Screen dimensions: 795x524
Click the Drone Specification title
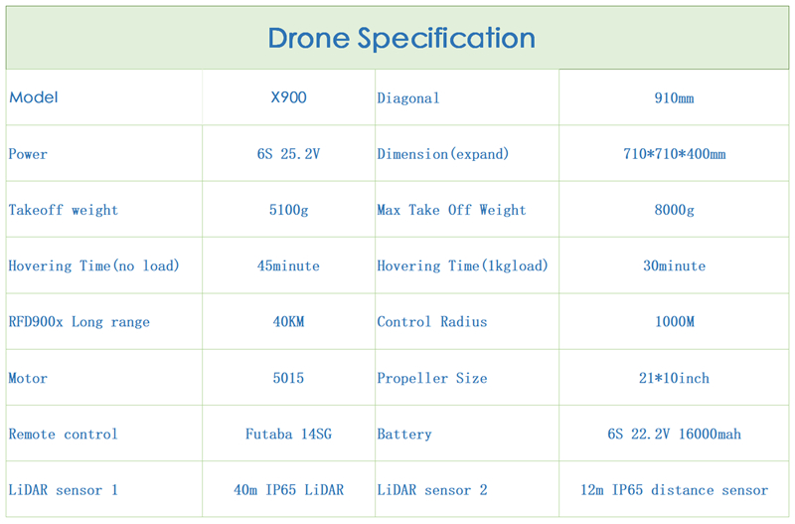pyautogui.click(x=401, y=39)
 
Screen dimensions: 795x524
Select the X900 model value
pyautogui.click(x=288, y=97)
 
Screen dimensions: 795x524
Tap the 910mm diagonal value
pyautogui.click(x=674, y=97)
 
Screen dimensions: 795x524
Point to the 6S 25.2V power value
pyautogui.click(x=288, y=154)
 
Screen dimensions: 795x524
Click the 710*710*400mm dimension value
pyautogui.click(x=675, y=154)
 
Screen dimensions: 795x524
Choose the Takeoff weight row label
pyautogui.click(x=64, y=210)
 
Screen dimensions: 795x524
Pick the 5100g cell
pyautogui.click(x=288, y=210)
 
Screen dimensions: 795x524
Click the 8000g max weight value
pyautogui.click(x=674, y=210)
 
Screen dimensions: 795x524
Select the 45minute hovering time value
pyautogui.click(x=288, y=265)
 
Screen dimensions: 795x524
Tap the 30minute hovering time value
pyautogui.click(x=675, y=265)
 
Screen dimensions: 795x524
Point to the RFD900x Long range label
pyautogui.click(x=79, y=322)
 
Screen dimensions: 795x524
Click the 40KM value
pyautogui.click(x=288, y=321)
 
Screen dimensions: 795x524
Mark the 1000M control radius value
pyautogui.click(x=675, y=321)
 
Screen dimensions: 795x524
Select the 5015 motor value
pyautogui.click(x=288, y=378)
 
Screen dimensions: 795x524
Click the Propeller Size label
pyautogui.click(x=432, y=379)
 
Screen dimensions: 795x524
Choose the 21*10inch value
pyautogui.click(x=674, y=378)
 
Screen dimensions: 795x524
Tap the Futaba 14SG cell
pyautogui.click(x=288, y=434)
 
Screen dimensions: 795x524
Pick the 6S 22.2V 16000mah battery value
pyautogui.click(x=675, y=434)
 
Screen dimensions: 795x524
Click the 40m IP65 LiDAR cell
pyautogui.click(x=288, y=490)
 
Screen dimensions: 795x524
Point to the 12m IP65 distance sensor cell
pyautogui.click(x=675, y=490)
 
